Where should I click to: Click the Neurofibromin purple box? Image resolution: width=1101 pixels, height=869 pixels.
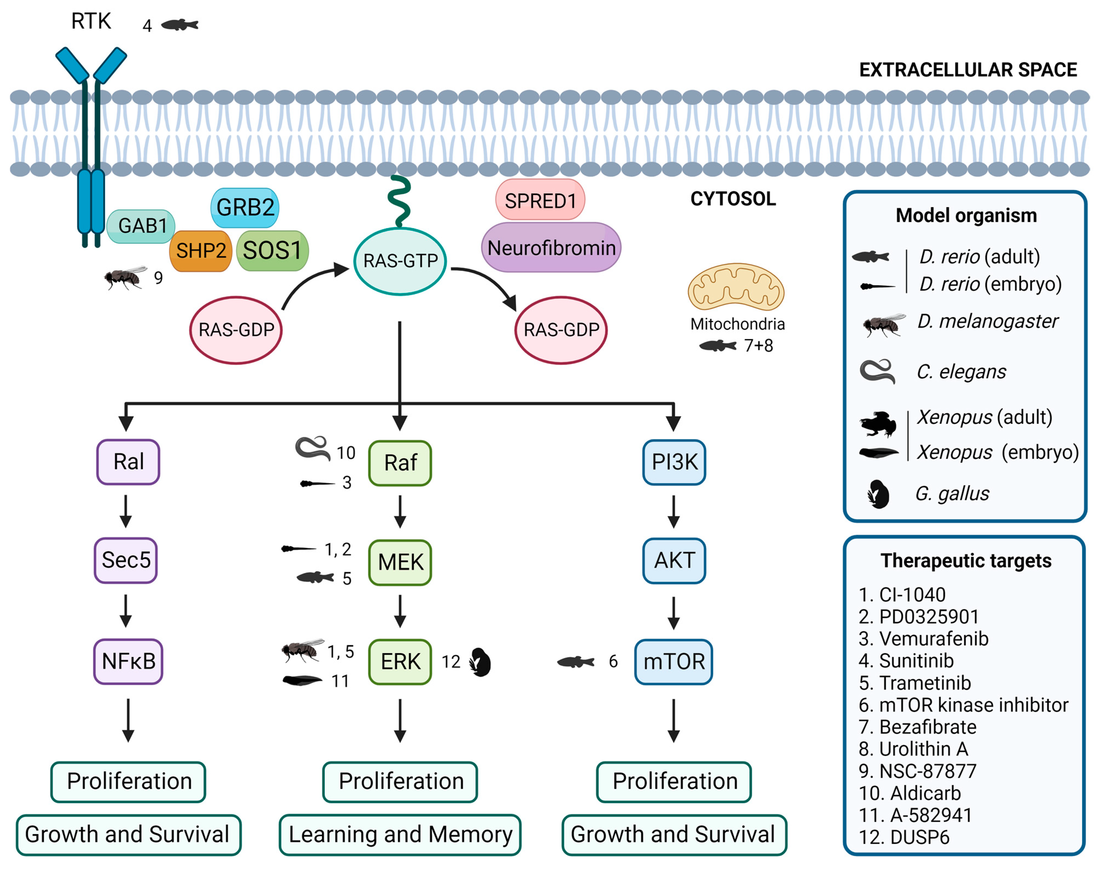click(x=551, y=248)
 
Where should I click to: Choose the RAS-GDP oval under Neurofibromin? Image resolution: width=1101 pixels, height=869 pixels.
click(x=561, y=330)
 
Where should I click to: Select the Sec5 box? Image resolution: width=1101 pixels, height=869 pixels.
click(x=126, y=560)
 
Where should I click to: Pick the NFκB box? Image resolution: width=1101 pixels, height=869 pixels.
click(x=128, y=661)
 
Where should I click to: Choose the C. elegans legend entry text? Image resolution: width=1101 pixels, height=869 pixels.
click(x=961, y=372)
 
